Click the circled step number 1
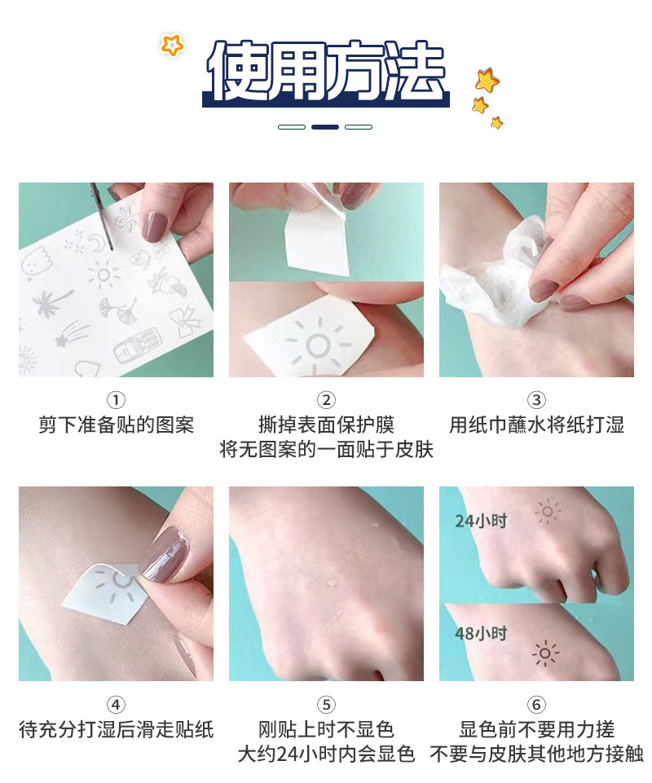(116, 400)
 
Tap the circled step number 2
(326, 400)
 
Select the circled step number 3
(536, 400)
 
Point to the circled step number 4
(116, 705)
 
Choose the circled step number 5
(326, 705)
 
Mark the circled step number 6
(536, 705)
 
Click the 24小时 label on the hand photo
(481, 520)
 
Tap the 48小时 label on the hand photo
(481, 633)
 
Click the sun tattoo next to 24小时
(547, 512)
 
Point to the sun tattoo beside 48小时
(545, 653)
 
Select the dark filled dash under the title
(325, 127)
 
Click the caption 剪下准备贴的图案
(116, 424)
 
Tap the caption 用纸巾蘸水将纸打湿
(536, 424)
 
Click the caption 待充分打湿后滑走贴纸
(116, 729)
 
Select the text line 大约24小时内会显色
(326, 754)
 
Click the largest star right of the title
(487, 80)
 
